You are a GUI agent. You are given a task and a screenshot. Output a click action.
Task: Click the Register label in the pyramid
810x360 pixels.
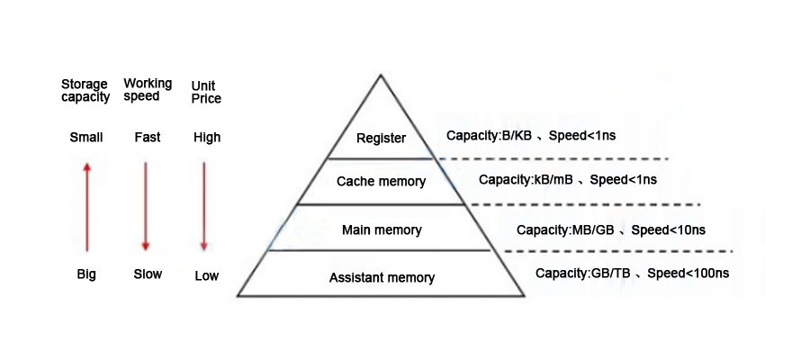click(x=381, y=139)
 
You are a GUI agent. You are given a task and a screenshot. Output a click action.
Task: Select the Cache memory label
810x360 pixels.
click(x=381, y=182)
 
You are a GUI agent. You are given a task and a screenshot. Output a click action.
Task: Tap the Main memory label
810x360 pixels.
click(x=382, y=230)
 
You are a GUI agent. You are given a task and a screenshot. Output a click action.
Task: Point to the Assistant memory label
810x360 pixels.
click(x=382, y=278)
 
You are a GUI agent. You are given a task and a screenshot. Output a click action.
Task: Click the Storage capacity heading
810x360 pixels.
click(x=85, y=91)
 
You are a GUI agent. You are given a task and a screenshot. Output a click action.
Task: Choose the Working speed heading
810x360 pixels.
click(x=148, y=90)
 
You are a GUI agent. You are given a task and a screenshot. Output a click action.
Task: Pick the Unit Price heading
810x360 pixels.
click(x=206, y=92)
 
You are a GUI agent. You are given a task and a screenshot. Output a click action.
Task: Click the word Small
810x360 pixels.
click(x=86, y=138)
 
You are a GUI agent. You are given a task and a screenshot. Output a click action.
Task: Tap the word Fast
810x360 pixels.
click(x=148, y=138)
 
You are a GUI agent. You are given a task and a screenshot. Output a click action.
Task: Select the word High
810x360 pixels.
click(x=206, y=138)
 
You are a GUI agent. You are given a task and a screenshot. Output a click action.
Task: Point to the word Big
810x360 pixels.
click(x=86, y=274)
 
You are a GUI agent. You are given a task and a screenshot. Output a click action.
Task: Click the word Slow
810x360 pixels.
click(x=148, y=274)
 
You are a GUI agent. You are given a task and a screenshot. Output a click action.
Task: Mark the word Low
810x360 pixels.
click(x=206, y=275)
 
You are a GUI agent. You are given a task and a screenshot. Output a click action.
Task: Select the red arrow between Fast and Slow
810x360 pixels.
click(x=145, y=205)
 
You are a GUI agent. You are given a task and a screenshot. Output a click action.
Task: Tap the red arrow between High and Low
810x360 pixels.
click(x=204, y=205)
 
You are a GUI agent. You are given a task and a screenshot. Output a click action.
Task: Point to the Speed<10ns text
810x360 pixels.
click(x=668, y=230)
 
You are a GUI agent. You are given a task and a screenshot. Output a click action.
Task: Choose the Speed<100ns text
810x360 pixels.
click(x=688, y=273)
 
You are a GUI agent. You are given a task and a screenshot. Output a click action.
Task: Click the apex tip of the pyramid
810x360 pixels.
click(x=381, y=75)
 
